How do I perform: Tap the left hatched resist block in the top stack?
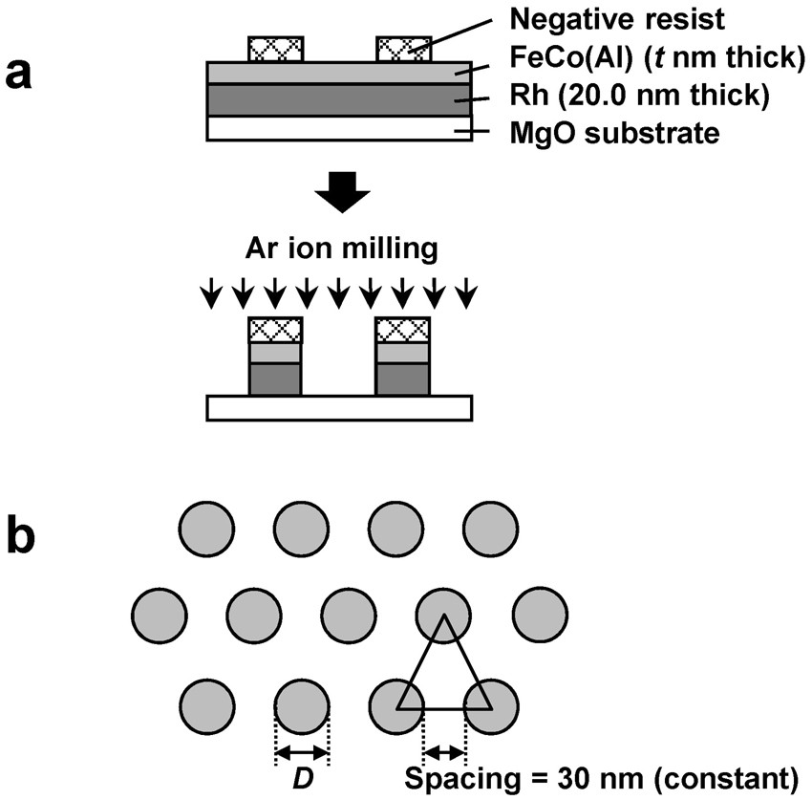tap(276, 48)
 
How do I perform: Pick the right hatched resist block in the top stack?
tap(403, 48)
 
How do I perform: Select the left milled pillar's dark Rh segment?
tap(275, 378)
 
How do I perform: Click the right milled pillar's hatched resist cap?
tap(403, 330)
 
